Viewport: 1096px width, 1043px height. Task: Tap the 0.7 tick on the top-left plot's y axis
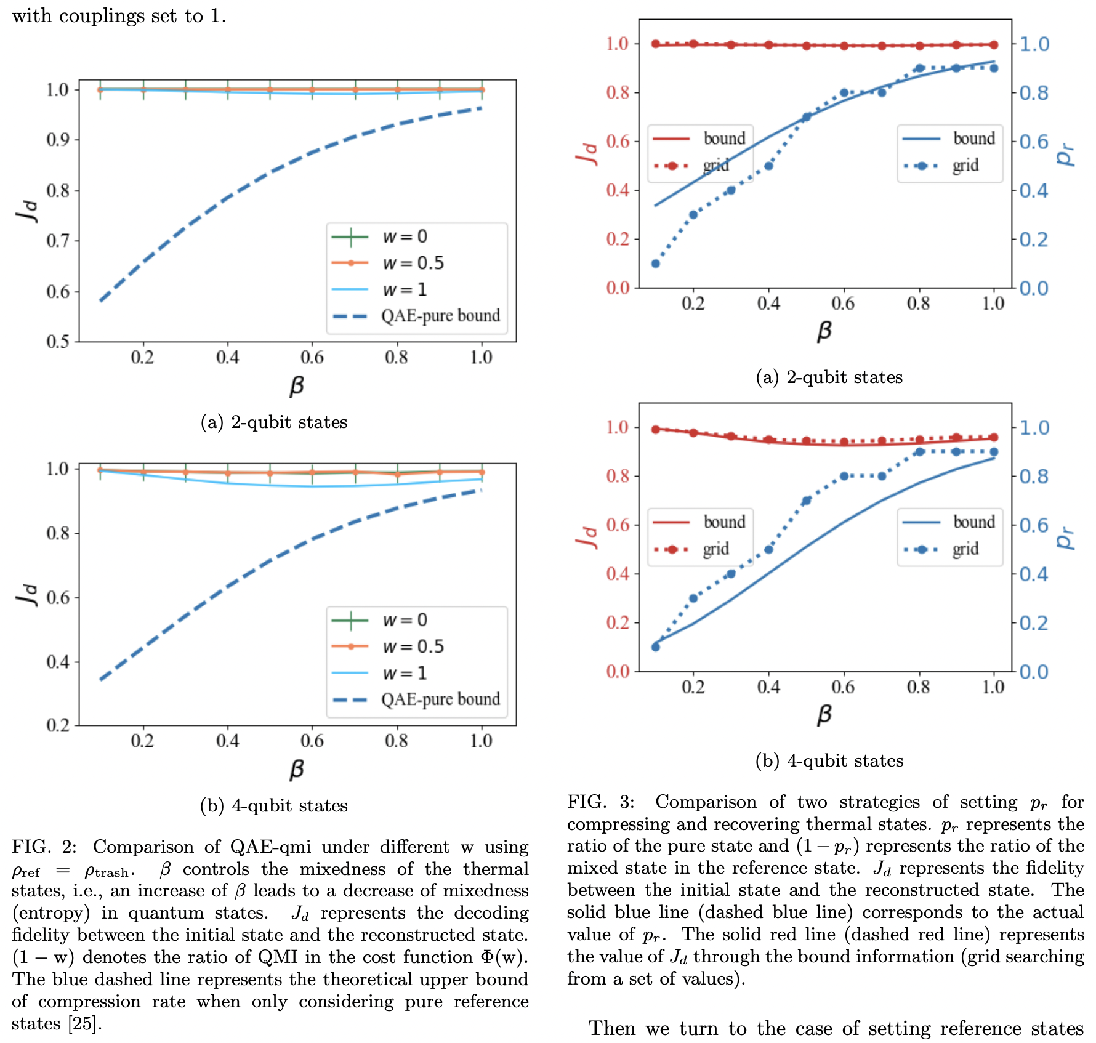pos(58,241)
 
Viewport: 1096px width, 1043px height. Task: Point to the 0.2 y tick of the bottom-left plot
pos(58,725)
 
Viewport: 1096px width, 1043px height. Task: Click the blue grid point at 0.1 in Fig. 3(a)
pos(655,264)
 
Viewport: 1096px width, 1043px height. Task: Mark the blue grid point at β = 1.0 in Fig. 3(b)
pos(994,452)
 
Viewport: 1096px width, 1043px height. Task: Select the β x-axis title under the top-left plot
pos(297,386)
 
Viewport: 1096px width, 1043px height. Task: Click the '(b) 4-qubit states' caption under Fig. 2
pos(274,805)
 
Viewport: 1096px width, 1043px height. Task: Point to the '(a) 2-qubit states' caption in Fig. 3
pos(829,377)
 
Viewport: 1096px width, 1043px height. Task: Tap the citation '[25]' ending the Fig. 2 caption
pos(84,1023)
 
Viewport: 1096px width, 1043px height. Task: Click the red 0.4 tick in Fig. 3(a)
pos(618,190)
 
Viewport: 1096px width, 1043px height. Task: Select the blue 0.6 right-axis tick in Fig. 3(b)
pos(1034,525)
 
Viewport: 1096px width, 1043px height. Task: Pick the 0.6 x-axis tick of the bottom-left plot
pos(312,741)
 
